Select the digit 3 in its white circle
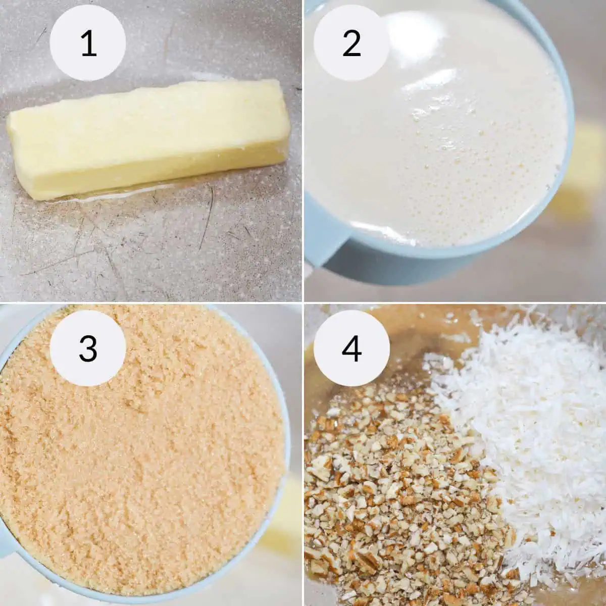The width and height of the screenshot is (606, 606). click(88, 347)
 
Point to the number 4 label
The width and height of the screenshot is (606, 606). click(351, 347)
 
